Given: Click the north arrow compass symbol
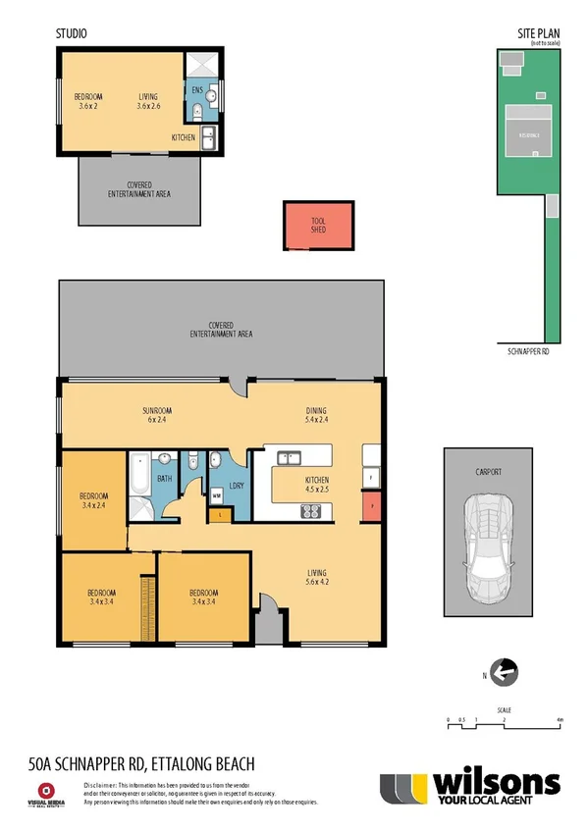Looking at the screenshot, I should pyautogui.click(x=503, y=672).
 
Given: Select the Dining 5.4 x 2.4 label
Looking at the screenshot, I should pyautogui.click(x=315, y=415).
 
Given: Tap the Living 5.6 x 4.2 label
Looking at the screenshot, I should pyautogui.click(x=315, y=578).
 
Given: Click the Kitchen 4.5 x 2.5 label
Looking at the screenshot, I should pyautogui.click(x=316, y=483).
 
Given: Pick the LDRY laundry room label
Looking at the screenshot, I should pyautogui.click(x=236, y=486).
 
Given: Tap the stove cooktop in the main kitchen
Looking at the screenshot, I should pyautogui.click(x=311, y=510).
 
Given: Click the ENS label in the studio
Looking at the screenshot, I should pyautogui.click(x=197, y=90).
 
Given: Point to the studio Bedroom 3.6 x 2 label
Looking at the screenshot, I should pyautogui.click(x=88, y=101).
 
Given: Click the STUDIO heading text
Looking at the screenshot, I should pyautogui.click(x=71, y=33).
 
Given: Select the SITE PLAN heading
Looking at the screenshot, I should pyautogui.click(x=538, y=33).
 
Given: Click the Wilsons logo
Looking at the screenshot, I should pyautogui.click(x=470, y=787).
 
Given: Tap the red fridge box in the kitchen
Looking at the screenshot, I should pyautogui.click(x=371, y=507).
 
